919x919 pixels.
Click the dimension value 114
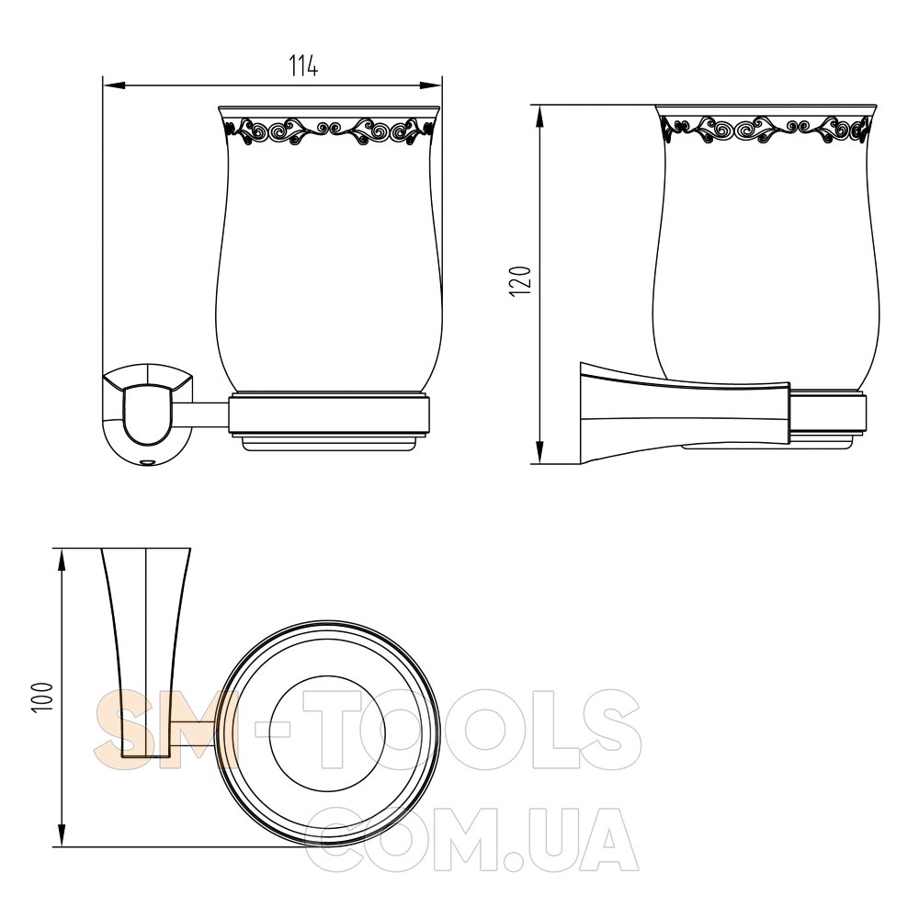(303, 65)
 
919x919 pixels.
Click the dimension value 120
(520, 281)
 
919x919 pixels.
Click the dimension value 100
(43, 697)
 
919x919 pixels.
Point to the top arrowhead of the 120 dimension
(539, 118)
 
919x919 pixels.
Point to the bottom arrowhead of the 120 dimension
(539, 452)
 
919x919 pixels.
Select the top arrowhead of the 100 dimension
(62, 561)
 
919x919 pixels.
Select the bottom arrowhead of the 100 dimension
(62, 834)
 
